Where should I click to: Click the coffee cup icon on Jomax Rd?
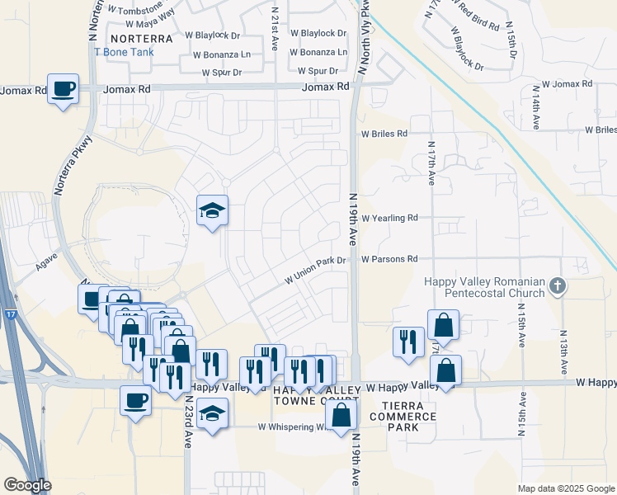point(63,88)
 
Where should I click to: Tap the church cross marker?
point(558,286)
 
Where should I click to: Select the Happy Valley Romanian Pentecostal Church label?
point(484,287)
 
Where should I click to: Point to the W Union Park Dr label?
point(313,269)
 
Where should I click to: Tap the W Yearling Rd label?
point(389,218)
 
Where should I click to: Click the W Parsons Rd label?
point(389,258)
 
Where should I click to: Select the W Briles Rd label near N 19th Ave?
point(384,133)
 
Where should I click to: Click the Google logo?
point(26,485)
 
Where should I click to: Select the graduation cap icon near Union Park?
point(212,211)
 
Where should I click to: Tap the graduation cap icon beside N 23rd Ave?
point(212,413)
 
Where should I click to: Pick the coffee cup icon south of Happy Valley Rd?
point(135,401)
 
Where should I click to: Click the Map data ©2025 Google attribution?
point(567,488)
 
